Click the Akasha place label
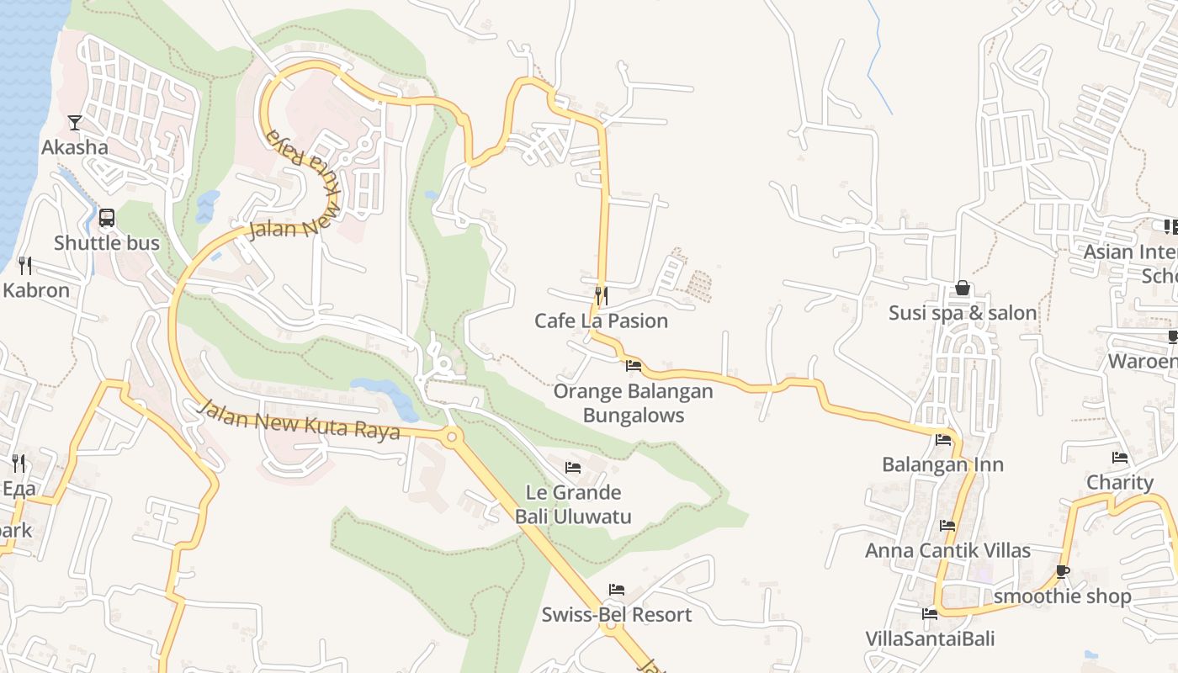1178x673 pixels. (x=75, y=147)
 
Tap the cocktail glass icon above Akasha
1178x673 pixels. (x=75, y=123)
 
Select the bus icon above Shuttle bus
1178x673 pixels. (x=107, y=218)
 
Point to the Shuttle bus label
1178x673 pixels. (x=107, y=243)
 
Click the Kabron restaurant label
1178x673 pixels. (x=36, y=290)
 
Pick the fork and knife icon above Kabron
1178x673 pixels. (x=25, y=266)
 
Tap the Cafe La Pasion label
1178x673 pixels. (x=602, y=321)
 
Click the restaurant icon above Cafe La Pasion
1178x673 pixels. (x=602, y=295)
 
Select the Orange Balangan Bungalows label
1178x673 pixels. (x=633, y=403)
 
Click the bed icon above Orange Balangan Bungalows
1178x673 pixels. (x=634, y=366)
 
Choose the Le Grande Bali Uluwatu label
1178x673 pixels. (x=573, y=504)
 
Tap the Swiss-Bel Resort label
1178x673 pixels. (x=617, y=614)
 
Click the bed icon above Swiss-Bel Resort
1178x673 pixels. (x=617, y=590)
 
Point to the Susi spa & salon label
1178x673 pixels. (x=963, y=313)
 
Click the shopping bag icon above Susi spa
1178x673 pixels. (x=963, y=289)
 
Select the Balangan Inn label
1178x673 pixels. (x=942, y=464)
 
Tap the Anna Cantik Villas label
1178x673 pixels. (x=948, y=550)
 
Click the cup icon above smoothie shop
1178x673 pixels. (x=1063, y=572)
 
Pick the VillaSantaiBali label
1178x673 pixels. (x=930, y=639)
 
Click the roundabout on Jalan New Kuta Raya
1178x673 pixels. (x=452, y=436)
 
